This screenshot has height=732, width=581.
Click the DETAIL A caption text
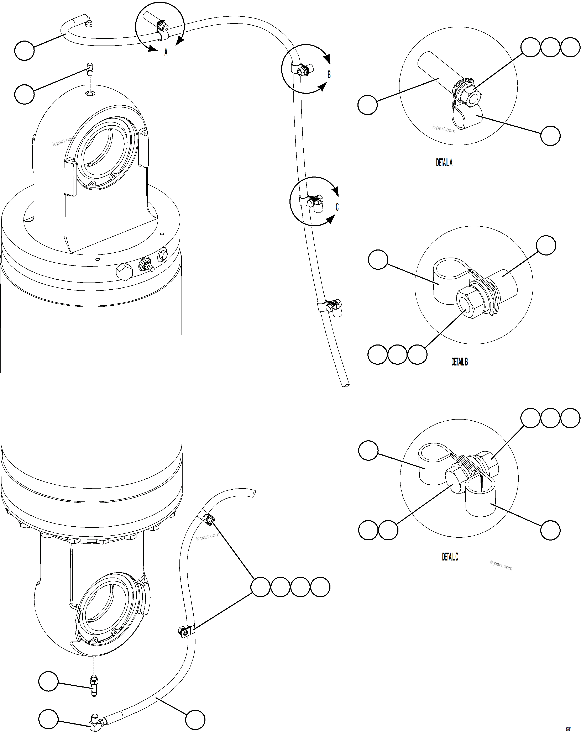(x=444, y=163)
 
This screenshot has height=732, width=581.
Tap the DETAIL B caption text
(x=459, y=362)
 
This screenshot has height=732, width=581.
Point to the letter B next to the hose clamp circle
(x=329, y=75)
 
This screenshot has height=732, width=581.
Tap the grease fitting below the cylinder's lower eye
(x=93, y=684)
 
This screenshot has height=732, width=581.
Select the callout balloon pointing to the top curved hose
(x=25, y=51)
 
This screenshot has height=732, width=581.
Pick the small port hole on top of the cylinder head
(x=90, y=93)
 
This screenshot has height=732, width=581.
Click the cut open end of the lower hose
(x=253, y=493)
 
